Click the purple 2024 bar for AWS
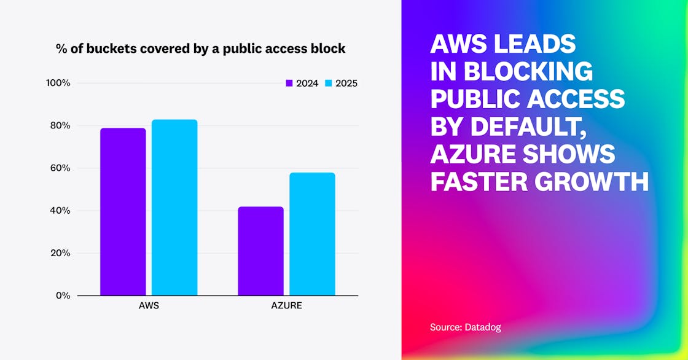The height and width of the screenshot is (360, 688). pyautogui.click(x=123, y=211)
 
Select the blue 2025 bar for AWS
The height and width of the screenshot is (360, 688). pyautogui.click(x=174, y=207)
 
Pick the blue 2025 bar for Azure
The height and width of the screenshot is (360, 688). pyautogui.click(x=312, y=233)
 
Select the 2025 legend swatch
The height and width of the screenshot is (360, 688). pyautogui.click(x=328, y=84)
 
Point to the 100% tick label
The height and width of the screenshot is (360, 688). pyautogui.click(x=58, y=83)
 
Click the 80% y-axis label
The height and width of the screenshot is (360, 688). pyautogui.click(x=60, y=125)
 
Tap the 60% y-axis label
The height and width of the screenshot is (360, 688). pyautogui.click(x=60, y=168)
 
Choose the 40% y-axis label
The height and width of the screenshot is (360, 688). pyautogui.click(x=60, y=211)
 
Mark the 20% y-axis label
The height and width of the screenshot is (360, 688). pyautogui.click(x=60, y=253)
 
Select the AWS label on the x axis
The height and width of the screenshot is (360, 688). pyautogui.click(x=149, y=306)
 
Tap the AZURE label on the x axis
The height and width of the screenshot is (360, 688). pyautogui.click(x=287, y=306)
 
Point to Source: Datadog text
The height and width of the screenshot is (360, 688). pyautogui.click(x=466, y=327)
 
